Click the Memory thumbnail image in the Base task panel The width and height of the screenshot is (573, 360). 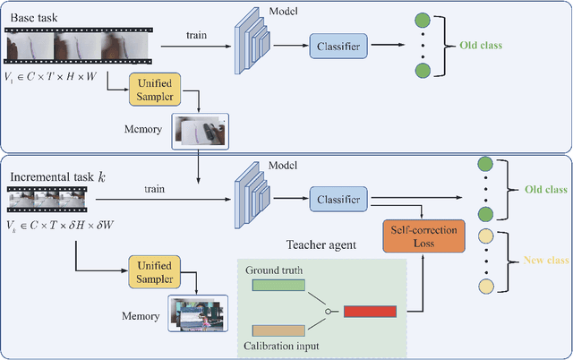tap(201, 131)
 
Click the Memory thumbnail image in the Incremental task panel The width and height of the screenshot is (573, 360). tap(198, 313)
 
